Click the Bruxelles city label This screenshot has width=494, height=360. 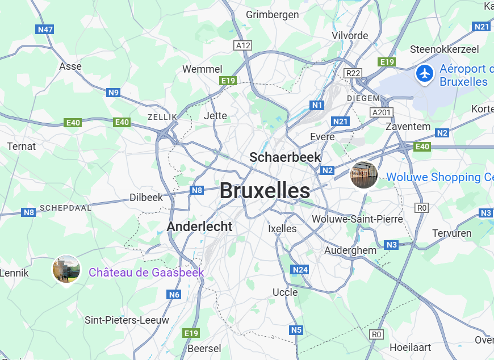tap(265, 191)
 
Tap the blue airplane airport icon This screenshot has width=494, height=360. tap(424, 73)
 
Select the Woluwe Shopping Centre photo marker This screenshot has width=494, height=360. tap(364, 174)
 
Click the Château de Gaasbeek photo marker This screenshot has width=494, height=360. tap(66, 269)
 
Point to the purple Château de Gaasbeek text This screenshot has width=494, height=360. tap(146, 273)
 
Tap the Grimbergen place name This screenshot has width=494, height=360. tap(272, 15)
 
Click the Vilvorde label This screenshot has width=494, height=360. tap(350, 35)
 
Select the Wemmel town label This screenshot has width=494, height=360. tap(202, 69)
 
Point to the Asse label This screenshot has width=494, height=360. tap(70, 66)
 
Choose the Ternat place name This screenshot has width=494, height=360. tap(22, 146)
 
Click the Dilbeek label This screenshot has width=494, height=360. tap(146, 198)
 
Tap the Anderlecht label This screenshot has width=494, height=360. tap(199, 227)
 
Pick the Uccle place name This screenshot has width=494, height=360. tap(285, 292)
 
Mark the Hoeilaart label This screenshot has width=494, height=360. tap(410, 347)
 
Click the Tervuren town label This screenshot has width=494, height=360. tap(452, 233)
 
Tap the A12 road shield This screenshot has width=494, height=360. tap(243, 45)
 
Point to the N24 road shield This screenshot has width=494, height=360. tap(299, 270)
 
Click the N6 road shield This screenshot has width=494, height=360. tap(174, 295)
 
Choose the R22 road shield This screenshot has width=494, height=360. tap(353, 73)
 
